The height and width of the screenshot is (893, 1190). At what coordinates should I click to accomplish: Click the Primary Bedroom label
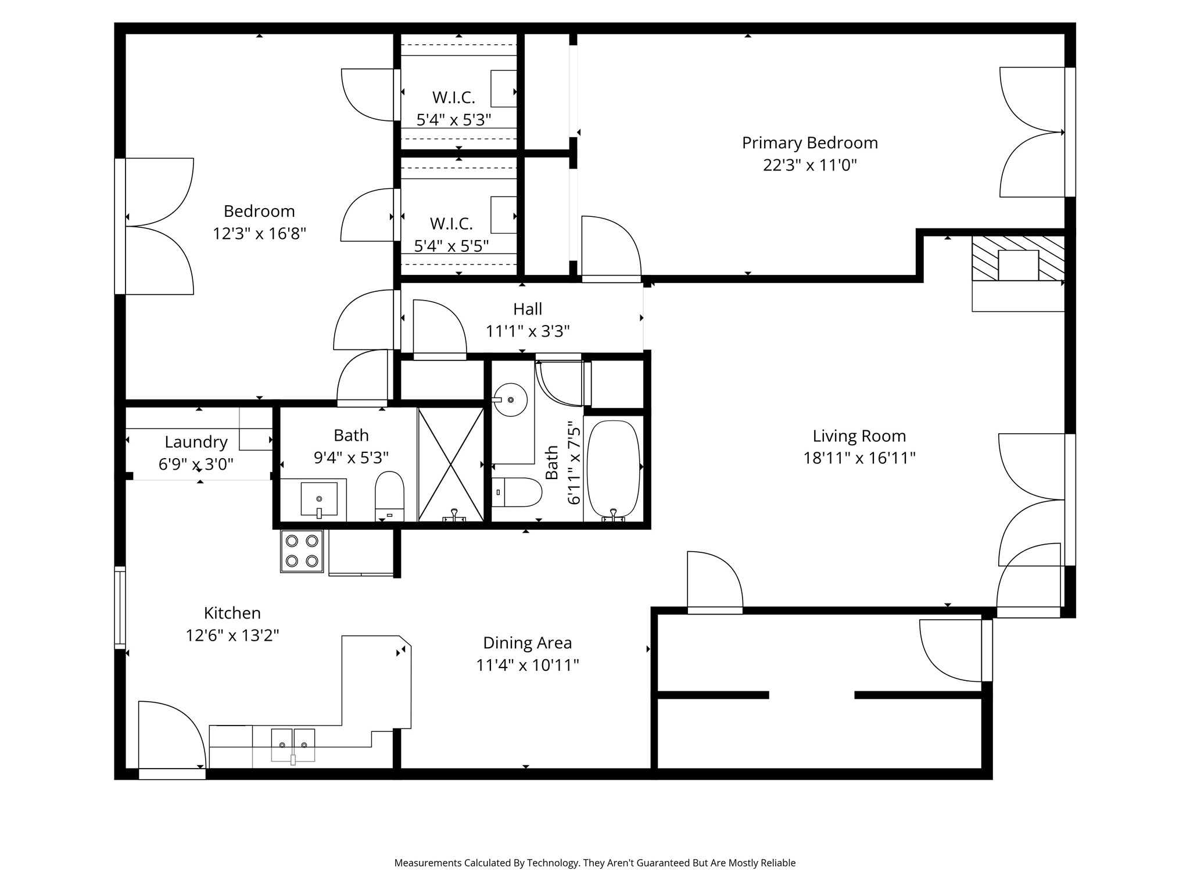click(x=809, y=143)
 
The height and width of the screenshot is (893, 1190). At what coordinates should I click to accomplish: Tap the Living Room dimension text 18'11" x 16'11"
click(x=859, y=458)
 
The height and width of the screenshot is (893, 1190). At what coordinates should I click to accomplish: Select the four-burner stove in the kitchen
click(x=302, y=551)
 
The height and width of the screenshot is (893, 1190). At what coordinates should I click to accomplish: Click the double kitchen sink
click(x=293, y=745)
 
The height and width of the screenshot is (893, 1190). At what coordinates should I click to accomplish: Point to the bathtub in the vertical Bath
click(x=614, y=468)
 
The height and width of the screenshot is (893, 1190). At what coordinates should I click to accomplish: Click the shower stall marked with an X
click(x=451, y=464)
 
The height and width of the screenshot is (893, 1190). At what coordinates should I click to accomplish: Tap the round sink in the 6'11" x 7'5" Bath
click(x=510, y=399)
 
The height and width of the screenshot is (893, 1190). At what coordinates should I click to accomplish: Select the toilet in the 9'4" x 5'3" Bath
click(x=390, y=496)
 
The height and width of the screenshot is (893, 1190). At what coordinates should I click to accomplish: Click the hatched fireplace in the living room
click(x=1018, y=258)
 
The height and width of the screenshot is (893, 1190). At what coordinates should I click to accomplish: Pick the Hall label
click(x=528, y=309)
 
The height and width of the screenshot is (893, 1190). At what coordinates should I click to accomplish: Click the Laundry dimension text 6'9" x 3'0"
click(x=196, y=464)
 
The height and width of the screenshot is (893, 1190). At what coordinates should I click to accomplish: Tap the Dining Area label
click(x=528, y=642)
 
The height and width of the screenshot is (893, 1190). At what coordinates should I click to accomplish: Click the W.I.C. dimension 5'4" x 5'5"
click(x=451, y=245)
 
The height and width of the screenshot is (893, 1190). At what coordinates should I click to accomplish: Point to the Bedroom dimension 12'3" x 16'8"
click(x=259, y=233)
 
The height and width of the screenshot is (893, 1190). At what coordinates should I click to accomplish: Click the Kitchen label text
click(x=232, y=613)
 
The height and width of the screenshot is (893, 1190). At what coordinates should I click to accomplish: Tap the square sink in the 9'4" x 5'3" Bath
click(x=319, y=499)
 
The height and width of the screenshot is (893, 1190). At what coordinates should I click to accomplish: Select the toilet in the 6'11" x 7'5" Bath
click(x=517, y=492)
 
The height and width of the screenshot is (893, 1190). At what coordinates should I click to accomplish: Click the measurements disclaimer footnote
click(x=595, y=863)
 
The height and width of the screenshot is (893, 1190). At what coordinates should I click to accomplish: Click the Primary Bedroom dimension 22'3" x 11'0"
click(x=810, y=165)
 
